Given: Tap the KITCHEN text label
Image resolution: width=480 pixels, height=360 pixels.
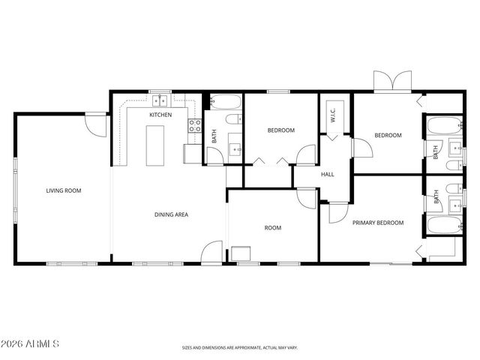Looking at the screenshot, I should click(160, 115).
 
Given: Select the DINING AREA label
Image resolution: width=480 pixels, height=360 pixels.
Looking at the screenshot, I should click(171, 214).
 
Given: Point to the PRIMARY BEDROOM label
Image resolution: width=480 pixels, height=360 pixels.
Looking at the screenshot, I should click(379, 223).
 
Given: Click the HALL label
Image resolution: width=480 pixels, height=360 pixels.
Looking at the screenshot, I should click(328, 175).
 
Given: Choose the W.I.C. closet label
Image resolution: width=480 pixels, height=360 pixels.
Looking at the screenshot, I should click(331, 115).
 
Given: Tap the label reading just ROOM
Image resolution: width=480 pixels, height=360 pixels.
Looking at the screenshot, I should click(272, 228).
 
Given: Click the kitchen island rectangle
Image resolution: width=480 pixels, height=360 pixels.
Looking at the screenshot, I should click(155, 145).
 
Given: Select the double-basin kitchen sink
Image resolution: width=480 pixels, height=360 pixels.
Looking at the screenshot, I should click(160, 100).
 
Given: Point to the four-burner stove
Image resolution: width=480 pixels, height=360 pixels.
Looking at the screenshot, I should click(194, 126).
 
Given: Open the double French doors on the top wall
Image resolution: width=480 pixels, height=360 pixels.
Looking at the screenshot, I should click(392, 81).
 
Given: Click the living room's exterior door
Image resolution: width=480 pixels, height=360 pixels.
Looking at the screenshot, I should click(95, 124).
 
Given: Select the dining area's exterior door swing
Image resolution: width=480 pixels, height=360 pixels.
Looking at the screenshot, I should click(212, 251).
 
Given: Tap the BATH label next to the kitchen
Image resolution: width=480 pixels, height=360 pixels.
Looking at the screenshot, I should click(214, 136).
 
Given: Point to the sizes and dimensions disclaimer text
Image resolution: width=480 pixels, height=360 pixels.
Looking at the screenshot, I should click(239, 347).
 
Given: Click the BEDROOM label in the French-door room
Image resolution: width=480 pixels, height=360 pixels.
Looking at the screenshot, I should click(388, 135).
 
